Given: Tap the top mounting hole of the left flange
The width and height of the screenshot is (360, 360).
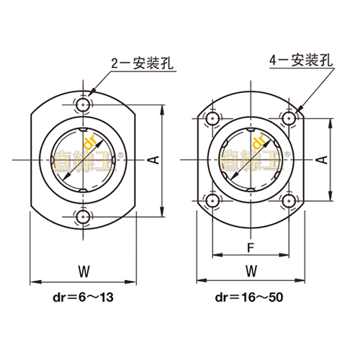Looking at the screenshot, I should pos(83,106).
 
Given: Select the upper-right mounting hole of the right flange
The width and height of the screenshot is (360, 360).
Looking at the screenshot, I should pos(289,117).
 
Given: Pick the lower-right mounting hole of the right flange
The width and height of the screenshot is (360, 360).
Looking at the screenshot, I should pos(289,200).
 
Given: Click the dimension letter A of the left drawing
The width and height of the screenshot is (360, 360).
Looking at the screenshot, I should pos(153,160).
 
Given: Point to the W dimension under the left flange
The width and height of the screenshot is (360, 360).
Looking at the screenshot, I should pos(83,271).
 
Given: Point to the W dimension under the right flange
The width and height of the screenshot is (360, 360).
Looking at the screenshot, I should pos(251,271).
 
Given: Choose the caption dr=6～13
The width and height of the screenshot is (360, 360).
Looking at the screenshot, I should pos(84,297).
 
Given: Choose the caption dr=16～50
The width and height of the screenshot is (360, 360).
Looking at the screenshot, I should pos(250,297).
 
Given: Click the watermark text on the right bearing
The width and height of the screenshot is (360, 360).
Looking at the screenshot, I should pos(250,158).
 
